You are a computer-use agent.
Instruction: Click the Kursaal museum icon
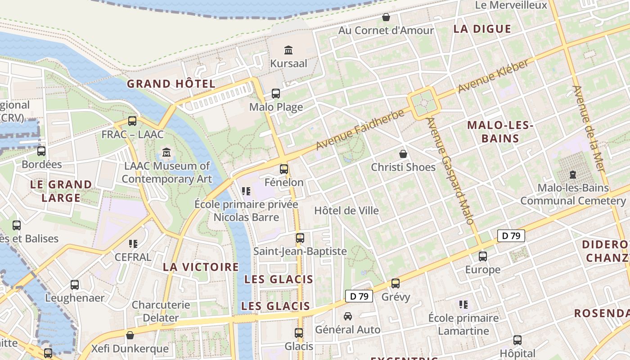point(288,49)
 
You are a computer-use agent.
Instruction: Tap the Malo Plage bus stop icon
point(276,94)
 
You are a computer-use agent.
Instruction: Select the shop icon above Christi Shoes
point(403,154)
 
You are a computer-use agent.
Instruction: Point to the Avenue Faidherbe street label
point(360,130)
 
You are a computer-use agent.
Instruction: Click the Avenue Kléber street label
point(493,76)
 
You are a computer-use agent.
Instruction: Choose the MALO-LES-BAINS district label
point(500,132)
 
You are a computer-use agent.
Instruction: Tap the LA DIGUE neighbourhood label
point(482,29)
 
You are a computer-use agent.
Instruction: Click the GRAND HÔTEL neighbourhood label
point(171,84)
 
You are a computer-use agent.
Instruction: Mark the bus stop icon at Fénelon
point(284,169)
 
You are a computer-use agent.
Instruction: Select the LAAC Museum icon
point(167,153)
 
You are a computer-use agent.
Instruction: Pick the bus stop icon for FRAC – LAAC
point(132,121)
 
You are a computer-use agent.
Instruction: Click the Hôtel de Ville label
point(346,211)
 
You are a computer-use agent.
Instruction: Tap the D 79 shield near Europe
point(511,235)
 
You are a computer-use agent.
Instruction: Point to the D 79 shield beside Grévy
point(359,296)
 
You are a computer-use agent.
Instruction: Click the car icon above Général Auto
point(348,316)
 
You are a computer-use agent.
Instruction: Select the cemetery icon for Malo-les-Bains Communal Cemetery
point(573,174)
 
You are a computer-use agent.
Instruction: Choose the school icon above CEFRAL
point(133,244)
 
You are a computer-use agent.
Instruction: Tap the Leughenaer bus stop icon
point(75,285)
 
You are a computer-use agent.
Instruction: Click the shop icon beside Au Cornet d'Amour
point(386,18)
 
